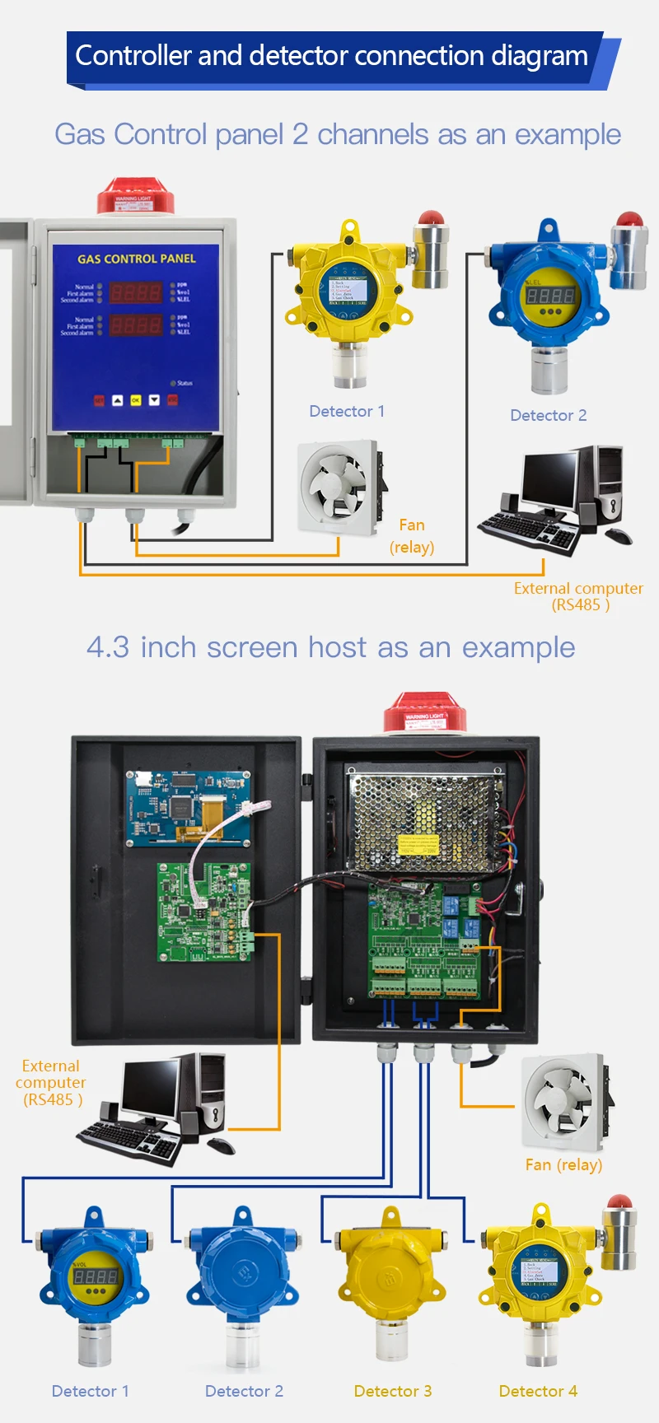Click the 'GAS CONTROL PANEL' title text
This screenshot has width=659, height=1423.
[137, 259]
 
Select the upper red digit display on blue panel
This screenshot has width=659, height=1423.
[137, 292]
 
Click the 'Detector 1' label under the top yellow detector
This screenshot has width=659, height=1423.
[347, 411]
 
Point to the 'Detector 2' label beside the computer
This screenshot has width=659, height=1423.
[548, 415]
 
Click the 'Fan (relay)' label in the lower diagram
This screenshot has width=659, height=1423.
[563, 1164]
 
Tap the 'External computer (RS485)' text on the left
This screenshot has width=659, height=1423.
[51, 1082]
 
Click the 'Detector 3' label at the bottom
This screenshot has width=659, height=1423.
[392, 1391]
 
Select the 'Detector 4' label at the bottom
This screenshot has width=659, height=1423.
[538, 1391]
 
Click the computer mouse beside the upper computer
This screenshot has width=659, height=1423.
[619, 536]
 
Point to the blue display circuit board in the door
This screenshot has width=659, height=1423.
[188, 808]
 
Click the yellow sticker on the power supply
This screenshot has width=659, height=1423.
[418, 844]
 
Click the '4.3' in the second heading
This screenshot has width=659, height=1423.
[108, 647]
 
